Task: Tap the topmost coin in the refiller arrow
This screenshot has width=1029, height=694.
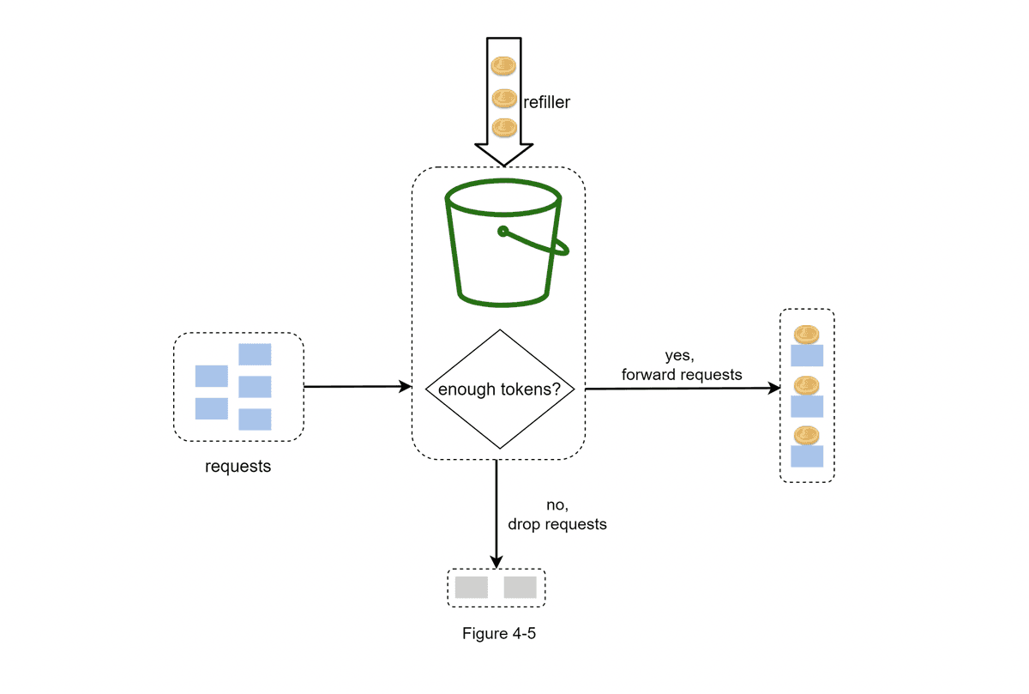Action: (x=503, y=66)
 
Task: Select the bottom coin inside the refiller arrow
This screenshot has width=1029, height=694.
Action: (x=503, y=129)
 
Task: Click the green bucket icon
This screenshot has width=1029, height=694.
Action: (x=503, y=244)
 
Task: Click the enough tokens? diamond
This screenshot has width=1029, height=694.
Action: (x=499, y=389)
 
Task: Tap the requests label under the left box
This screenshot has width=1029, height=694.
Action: (x=238, y=467)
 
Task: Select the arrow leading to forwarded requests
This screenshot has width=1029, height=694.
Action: (x=682, y=389)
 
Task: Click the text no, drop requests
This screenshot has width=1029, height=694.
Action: (x=557, y=515)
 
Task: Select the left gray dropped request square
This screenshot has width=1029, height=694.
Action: (x=472, y=588)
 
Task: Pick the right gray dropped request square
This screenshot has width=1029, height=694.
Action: (x=520, y=588)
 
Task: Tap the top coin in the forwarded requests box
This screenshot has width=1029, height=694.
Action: (x=806, y=335)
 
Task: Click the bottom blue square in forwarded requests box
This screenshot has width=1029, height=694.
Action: (x=806, y=456)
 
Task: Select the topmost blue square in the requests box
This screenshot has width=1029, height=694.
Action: (x=255, y=354)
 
